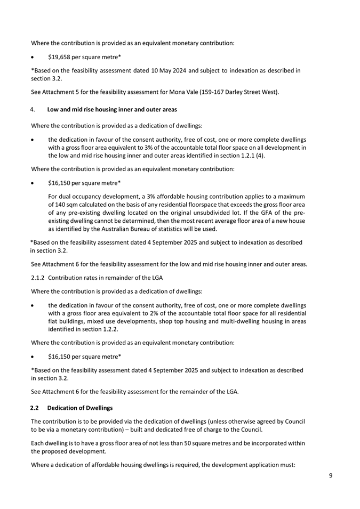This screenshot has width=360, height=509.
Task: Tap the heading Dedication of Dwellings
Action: click(x=80, y=408)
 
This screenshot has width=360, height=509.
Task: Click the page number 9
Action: click(x=331, y=476)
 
